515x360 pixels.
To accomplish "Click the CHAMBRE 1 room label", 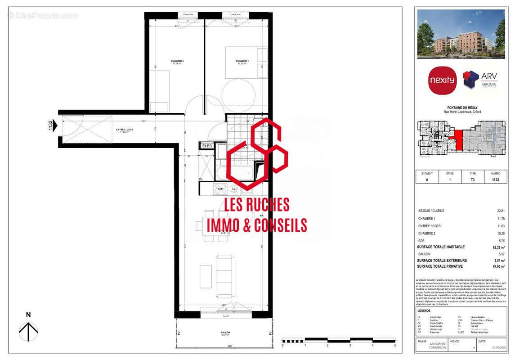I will tap(242, 61).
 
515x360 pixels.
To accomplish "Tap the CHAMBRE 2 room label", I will tap(177, 61).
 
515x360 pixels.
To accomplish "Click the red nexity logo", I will tap(442, 81).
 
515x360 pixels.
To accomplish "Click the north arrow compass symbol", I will tap(28, 331).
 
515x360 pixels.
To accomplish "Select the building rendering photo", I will tap(461, 34).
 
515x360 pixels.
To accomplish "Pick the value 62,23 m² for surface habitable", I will tap(497, 247).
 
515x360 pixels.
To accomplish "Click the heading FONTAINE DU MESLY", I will tap(461, 108).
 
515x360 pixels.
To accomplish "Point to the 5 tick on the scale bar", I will tap(395, 345).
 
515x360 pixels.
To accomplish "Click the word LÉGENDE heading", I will tap(424, 310).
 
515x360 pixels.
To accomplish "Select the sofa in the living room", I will tap(225, 275).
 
